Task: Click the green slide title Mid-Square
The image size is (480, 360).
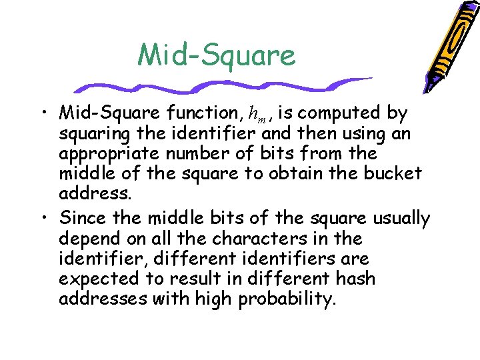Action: (216, 55)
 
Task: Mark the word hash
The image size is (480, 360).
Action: (356, 278)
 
